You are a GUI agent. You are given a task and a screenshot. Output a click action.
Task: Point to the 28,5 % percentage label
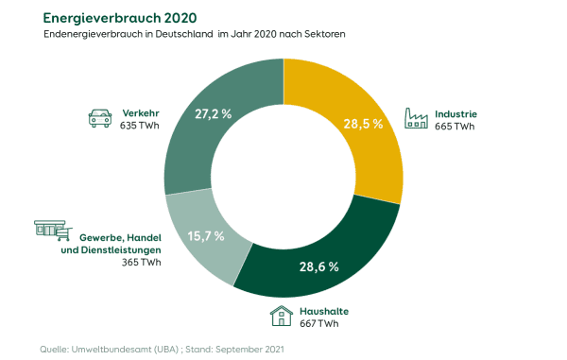point(362,123)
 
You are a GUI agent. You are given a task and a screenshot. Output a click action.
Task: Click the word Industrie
point(456,113)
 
